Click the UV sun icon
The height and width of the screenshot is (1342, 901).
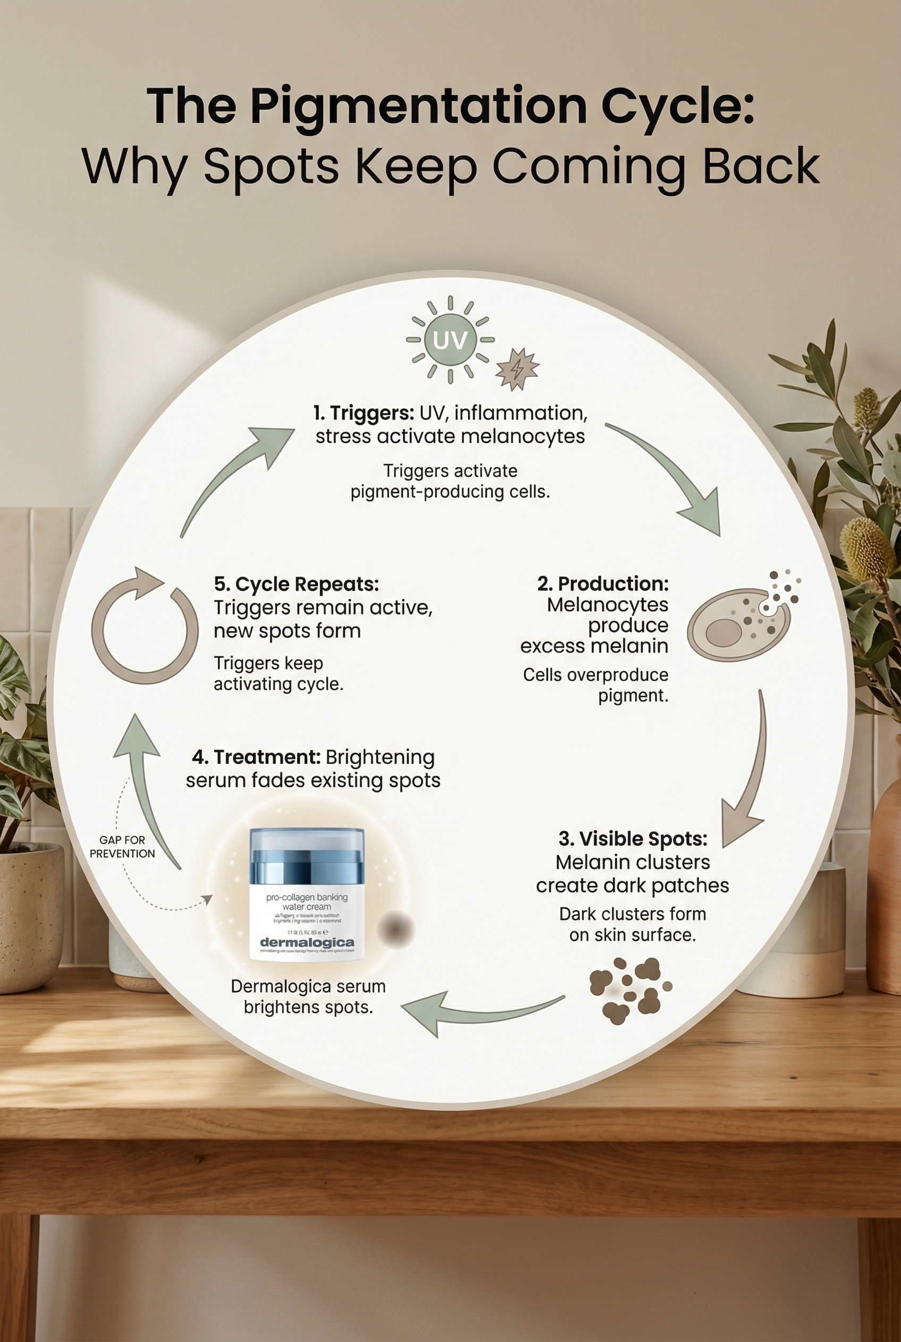tap(450, 339)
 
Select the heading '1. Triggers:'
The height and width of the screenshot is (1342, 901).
tap(364, 413)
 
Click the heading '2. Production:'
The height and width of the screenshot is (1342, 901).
tap(603, 583)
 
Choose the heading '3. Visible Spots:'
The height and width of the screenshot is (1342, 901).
tap(633, 838)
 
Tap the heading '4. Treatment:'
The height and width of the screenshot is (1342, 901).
tap(256, 757)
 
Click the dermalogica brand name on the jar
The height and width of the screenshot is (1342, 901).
tap(307, 942)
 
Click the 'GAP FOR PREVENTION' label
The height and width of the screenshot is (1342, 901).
tap(122, 846)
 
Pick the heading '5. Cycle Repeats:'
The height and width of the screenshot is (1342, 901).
tap(296, 584)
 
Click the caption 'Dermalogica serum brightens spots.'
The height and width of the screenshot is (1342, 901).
tap(308, 996)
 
